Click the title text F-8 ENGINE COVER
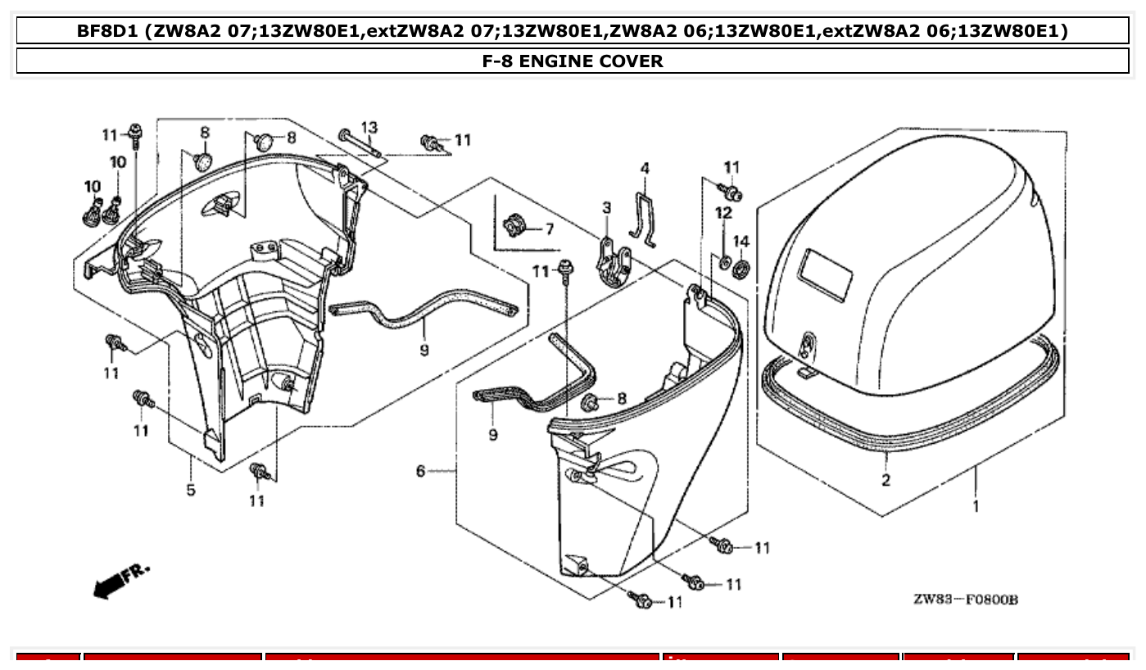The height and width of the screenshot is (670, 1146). pos(573,61)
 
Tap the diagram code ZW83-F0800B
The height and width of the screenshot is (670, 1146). pos(965,600)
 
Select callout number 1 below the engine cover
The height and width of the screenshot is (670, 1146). pos(975,506)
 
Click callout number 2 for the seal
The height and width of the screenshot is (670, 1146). pos(886,480)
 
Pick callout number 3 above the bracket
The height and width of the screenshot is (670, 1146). pos(606,208)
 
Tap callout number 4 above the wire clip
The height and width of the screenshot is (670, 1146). pos(645,168)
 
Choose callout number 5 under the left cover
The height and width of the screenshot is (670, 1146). pos(191,490)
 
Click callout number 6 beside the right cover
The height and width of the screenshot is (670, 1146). pos(420,471)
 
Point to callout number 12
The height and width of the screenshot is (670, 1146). pos(723,213)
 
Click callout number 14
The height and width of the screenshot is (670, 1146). pos(741,241)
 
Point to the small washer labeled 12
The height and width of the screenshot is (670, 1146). pos(724,262)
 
